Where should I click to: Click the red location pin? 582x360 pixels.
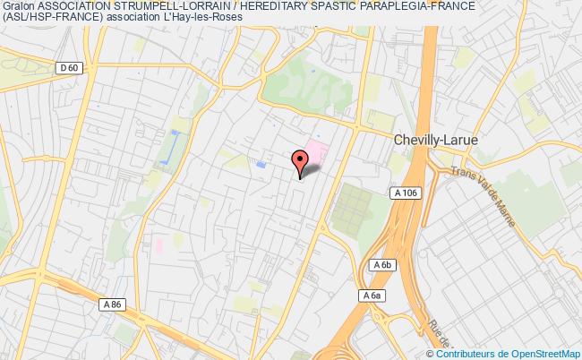[x=300, y=161]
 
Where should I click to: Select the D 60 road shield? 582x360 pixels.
[x=68, y=67]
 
